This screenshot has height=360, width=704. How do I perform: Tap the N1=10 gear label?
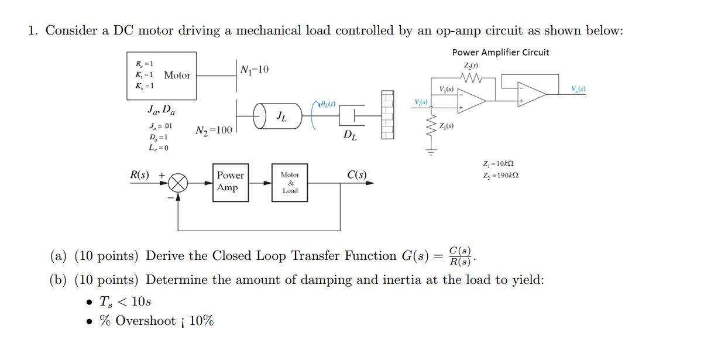point(255,70)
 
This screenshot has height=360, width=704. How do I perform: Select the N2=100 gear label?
point(213,130)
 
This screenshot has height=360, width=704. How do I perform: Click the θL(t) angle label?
point(328,104)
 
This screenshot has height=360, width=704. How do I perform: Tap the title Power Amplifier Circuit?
point(500,53)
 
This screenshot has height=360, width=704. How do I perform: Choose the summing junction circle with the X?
point(178,183)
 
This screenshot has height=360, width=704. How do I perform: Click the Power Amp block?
point(230,181)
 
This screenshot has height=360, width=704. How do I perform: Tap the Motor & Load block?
point(290,183)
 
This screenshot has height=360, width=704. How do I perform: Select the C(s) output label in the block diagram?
point(356,175)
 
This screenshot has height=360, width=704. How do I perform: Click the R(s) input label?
point(139,175)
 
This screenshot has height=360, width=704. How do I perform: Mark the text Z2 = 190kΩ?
point(500,176)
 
